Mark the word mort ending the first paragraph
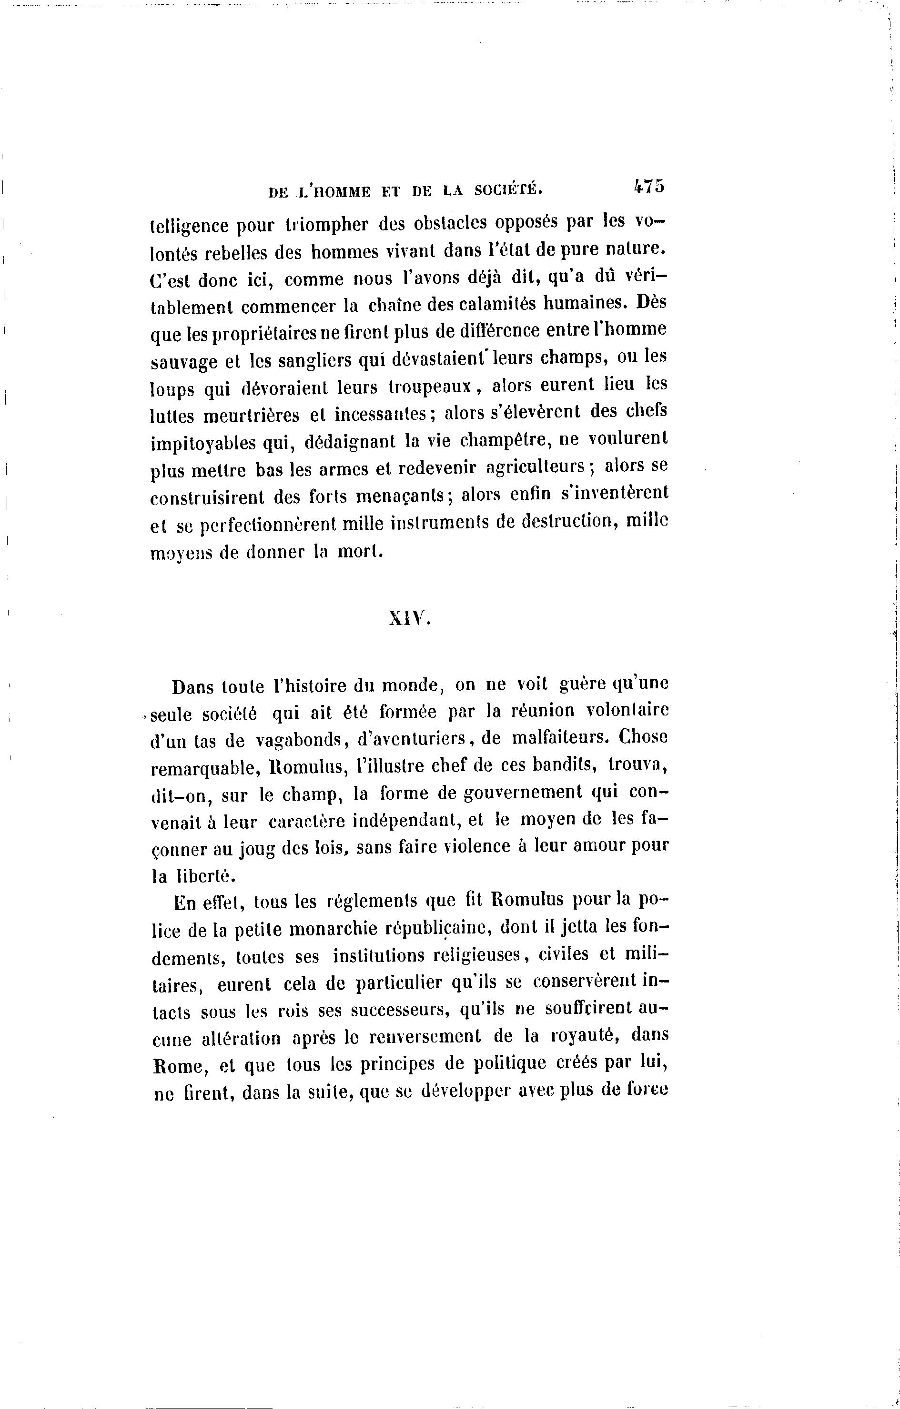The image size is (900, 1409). point(358,551)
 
